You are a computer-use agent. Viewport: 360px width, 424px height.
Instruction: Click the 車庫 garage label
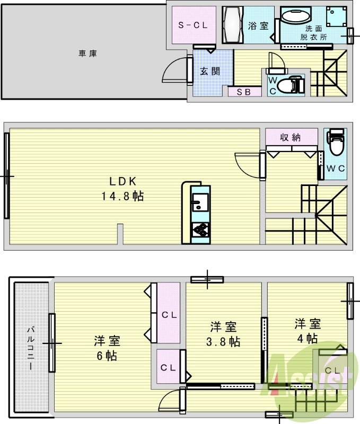[x=87, y=53]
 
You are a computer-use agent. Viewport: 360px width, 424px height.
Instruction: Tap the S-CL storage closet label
[x=192, y=25]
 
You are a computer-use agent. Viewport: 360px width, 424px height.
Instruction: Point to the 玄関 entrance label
[x=210, y=72]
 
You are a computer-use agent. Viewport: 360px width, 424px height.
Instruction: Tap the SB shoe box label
[x=244, y=92]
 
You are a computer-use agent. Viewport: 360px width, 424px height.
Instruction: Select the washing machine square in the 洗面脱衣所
[x=336, y=17]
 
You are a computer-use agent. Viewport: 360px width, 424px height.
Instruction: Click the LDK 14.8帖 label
[x=123, y=188]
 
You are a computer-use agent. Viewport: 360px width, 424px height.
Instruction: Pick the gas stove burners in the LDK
[x=201, y=230]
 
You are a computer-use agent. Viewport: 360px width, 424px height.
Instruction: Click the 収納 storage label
[x=291, y=137]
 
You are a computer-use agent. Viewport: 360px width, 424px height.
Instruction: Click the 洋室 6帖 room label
[x=107, y=348]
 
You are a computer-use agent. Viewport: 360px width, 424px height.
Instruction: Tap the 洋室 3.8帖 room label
[x=223, y=334]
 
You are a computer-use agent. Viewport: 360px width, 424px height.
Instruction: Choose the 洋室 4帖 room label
[x=308, y=331]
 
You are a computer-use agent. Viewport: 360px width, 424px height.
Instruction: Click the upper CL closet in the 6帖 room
[x=169, y=314]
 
